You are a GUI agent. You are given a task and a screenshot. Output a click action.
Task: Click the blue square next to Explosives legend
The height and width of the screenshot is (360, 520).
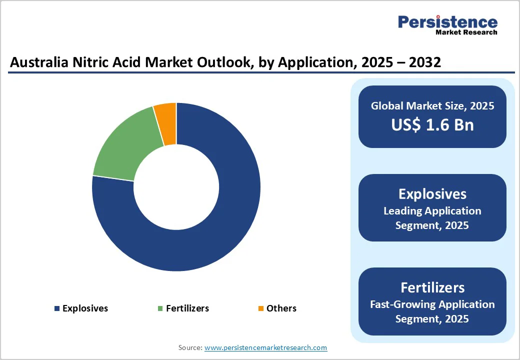click(57, 308)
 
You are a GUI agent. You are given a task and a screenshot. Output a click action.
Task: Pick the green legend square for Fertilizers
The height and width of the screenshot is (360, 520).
click(160, 308)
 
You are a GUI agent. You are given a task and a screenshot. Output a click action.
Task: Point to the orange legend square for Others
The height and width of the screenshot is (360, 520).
click(260, 308)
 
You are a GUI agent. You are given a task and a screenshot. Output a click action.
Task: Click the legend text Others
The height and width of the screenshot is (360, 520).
click(281, 308)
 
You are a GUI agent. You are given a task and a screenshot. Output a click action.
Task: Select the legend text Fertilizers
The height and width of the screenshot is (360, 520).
click(187, 308)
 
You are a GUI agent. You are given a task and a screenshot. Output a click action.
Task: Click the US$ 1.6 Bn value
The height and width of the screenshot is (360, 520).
click(432, 124)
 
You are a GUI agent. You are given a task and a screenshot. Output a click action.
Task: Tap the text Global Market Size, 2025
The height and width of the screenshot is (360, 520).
click(432, 106)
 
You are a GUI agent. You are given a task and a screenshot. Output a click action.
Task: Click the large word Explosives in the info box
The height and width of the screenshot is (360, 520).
click(432, 194)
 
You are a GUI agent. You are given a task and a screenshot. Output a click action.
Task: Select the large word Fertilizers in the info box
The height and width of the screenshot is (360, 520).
click(432, 287)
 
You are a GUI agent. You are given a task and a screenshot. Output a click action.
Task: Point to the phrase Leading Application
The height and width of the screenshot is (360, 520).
click(432, 211)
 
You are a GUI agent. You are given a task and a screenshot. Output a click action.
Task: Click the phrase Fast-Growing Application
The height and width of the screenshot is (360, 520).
click(432, 304)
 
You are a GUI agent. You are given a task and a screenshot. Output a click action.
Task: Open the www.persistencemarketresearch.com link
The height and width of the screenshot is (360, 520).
click(265, 347)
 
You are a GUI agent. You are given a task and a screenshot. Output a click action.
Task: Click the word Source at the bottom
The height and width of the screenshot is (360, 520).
click(190, 347)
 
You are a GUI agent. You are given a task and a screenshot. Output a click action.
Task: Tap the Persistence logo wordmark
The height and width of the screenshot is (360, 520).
click(447, 22)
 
